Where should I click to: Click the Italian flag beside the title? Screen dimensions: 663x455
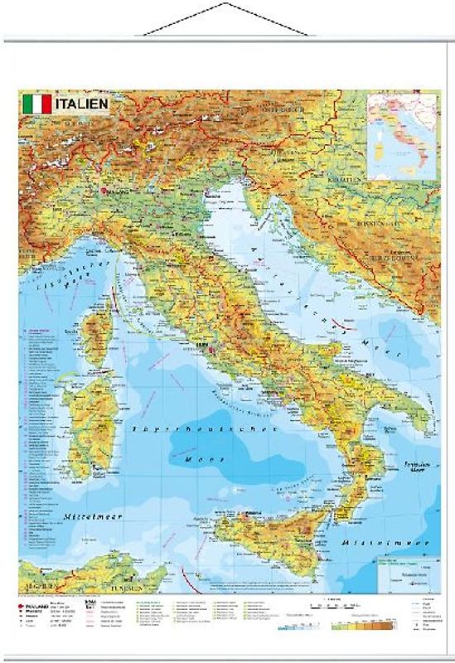(x=36, y=104)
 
